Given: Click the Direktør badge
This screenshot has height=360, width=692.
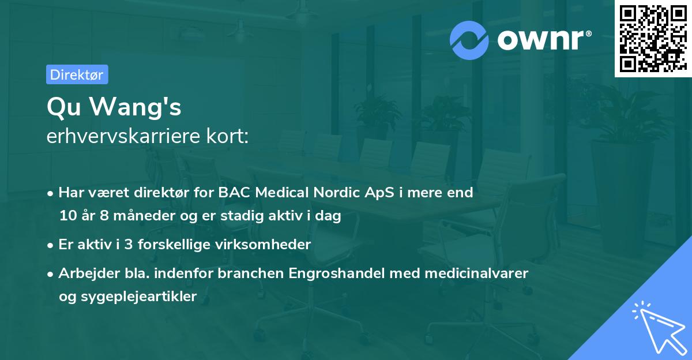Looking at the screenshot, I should [77, 74].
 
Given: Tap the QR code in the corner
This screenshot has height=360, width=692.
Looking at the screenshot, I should [653, 38].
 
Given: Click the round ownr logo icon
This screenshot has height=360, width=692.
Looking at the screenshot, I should [469, 40].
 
